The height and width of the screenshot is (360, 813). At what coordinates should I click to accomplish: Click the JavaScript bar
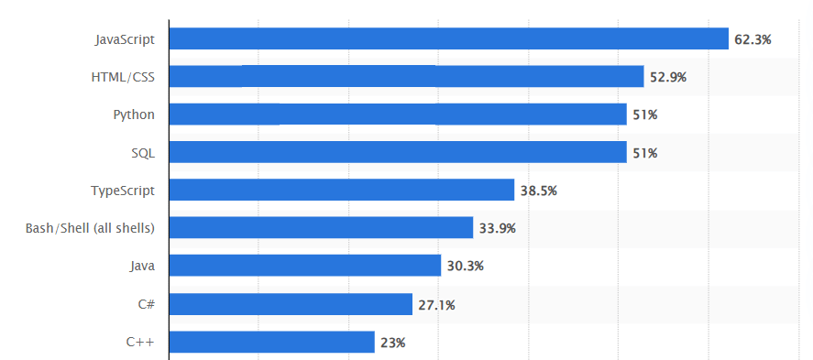pyautogui.click(x=449, y=38)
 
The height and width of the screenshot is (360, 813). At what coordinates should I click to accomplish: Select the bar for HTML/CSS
pyautogui.click(x=407, y=77)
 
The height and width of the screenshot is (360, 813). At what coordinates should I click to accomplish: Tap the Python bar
pyautogui.click(x=398, y=115)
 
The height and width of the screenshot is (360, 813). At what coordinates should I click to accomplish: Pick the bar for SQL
pyautogui.click(x=398, y=152)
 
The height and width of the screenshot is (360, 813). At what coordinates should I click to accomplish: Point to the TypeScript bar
pyautogui.click(x=342, y=190)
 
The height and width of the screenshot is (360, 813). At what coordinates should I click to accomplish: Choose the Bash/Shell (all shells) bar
pyautogui.click(x=321, y=228)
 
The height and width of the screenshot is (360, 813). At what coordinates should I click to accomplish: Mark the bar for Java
pyautogui.click(x=305, y=266)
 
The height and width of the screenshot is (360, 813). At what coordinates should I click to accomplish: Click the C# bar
pyautogui.click(x=291, y=304)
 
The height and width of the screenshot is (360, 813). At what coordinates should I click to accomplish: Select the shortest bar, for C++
pyautogui.click(x=272, y=342)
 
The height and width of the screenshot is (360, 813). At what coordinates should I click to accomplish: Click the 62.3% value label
pyautogui.click(x=753, y=39)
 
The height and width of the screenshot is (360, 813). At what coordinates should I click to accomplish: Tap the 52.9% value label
pyautogui.click(x=668, y=77)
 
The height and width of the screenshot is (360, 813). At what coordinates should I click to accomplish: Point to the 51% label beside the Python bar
pyautogui.click(x=644, y=115)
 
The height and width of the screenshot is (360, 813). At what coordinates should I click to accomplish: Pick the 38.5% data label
pyautogui.click(x=538, y=191)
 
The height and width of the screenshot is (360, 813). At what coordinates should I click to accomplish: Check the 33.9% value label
pyautogui.click(x=497, y=228)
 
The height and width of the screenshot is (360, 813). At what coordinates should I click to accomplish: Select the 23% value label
pyautogui.click(x=392, y=343)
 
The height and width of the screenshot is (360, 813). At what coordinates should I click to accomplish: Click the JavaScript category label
pyautogui.click(x=125, y=39)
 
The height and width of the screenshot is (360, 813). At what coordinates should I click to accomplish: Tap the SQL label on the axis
pyautogui.click(x=143, y=153)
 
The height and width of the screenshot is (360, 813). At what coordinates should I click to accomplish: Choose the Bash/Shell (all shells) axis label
pyautogui.click(x=90, y=228)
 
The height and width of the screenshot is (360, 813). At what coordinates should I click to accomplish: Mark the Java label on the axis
pyautogui.click(x=142, y=266)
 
